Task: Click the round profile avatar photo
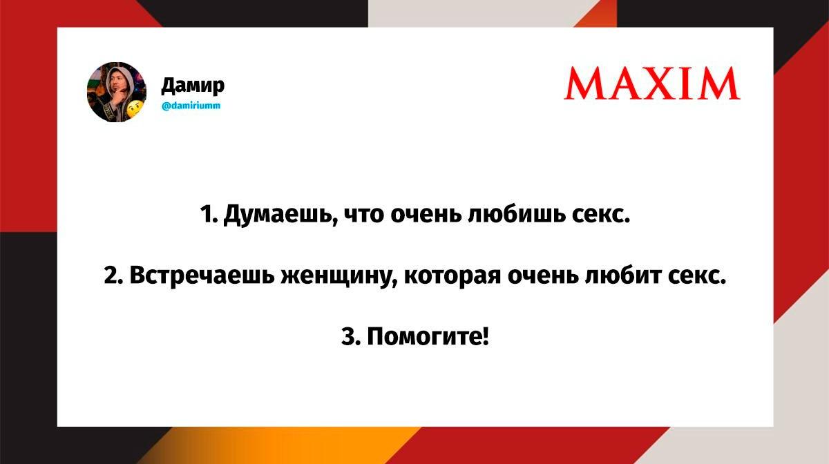tap(117, 92)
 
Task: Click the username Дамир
tap(193, 86)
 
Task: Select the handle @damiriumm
tap(191, 106)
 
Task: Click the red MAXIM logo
tap(652, 84)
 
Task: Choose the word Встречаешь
tap(202, 275)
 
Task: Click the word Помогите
tap(428, 336)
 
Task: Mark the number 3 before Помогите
tap(349, 336)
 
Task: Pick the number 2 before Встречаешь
tap(111, 275)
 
